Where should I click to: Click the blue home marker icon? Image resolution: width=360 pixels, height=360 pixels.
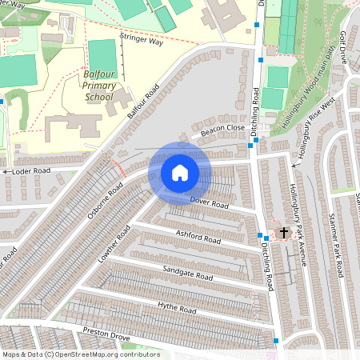180,173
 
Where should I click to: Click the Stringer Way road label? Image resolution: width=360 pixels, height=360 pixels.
141,39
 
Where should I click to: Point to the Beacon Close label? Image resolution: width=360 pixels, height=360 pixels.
222,129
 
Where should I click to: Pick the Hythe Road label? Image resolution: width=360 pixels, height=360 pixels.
176,308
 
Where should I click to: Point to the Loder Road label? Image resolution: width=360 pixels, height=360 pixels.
30,170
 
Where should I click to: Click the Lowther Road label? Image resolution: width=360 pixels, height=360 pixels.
113,245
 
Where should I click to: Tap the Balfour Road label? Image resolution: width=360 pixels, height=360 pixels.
142,101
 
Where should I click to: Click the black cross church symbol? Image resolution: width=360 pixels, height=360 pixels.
282,233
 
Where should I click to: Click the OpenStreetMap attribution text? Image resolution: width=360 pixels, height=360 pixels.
81,354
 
